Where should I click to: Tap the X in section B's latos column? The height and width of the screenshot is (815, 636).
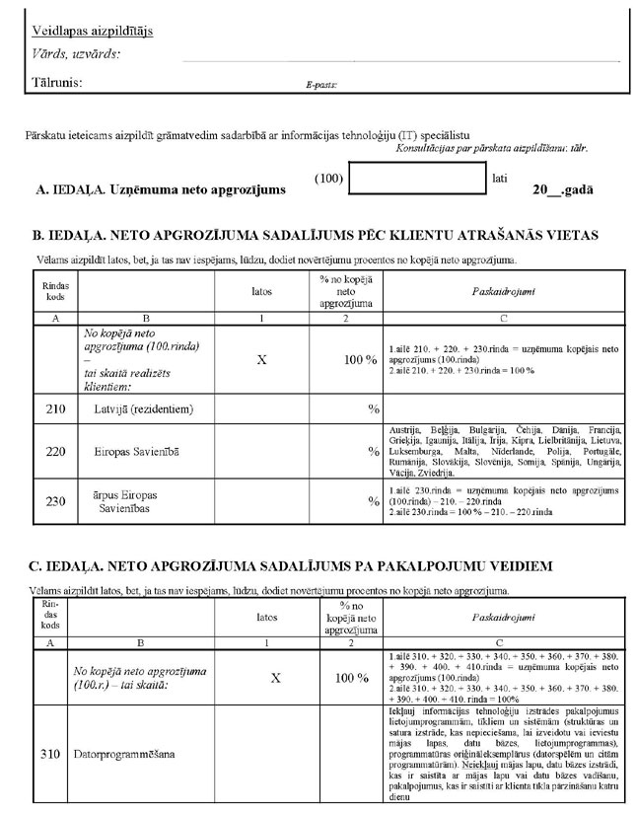coord(261,360)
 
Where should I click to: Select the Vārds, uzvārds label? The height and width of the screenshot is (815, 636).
coord(76,54)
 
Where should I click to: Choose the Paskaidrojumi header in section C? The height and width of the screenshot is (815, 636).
coord(500,616)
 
